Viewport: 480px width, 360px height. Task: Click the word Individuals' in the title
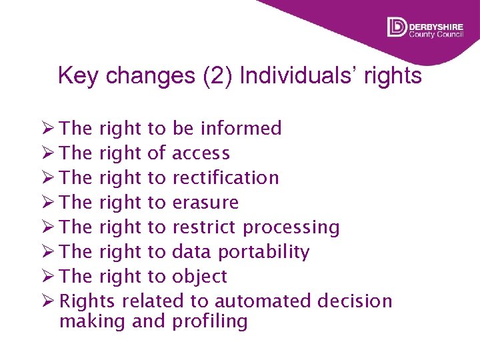(x=301, y=76)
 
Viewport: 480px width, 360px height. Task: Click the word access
(x=201, y=153)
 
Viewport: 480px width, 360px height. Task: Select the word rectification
(x=225, y=178)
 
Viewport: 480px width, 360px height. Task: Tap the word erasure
(x=205, y=203)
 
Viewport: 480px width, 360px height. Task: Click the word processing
(x=291, y=227)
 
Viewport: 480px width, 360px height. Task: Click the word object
(x=199, y=277)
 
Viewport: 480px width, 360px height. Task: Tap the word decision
(x=355, y=301)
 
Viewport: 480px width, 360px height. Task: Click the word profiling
(x=209, y=321)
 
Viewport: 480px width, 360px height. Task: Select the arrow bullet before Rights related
(x=47, y=301)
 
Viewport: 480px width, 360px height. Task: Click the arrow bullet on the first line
(x=47, y=128)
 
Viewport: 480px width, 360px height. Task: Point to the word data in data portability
(x=189, y=252)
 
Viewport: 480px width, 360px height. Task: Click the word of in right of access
(x=156, y=153)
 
